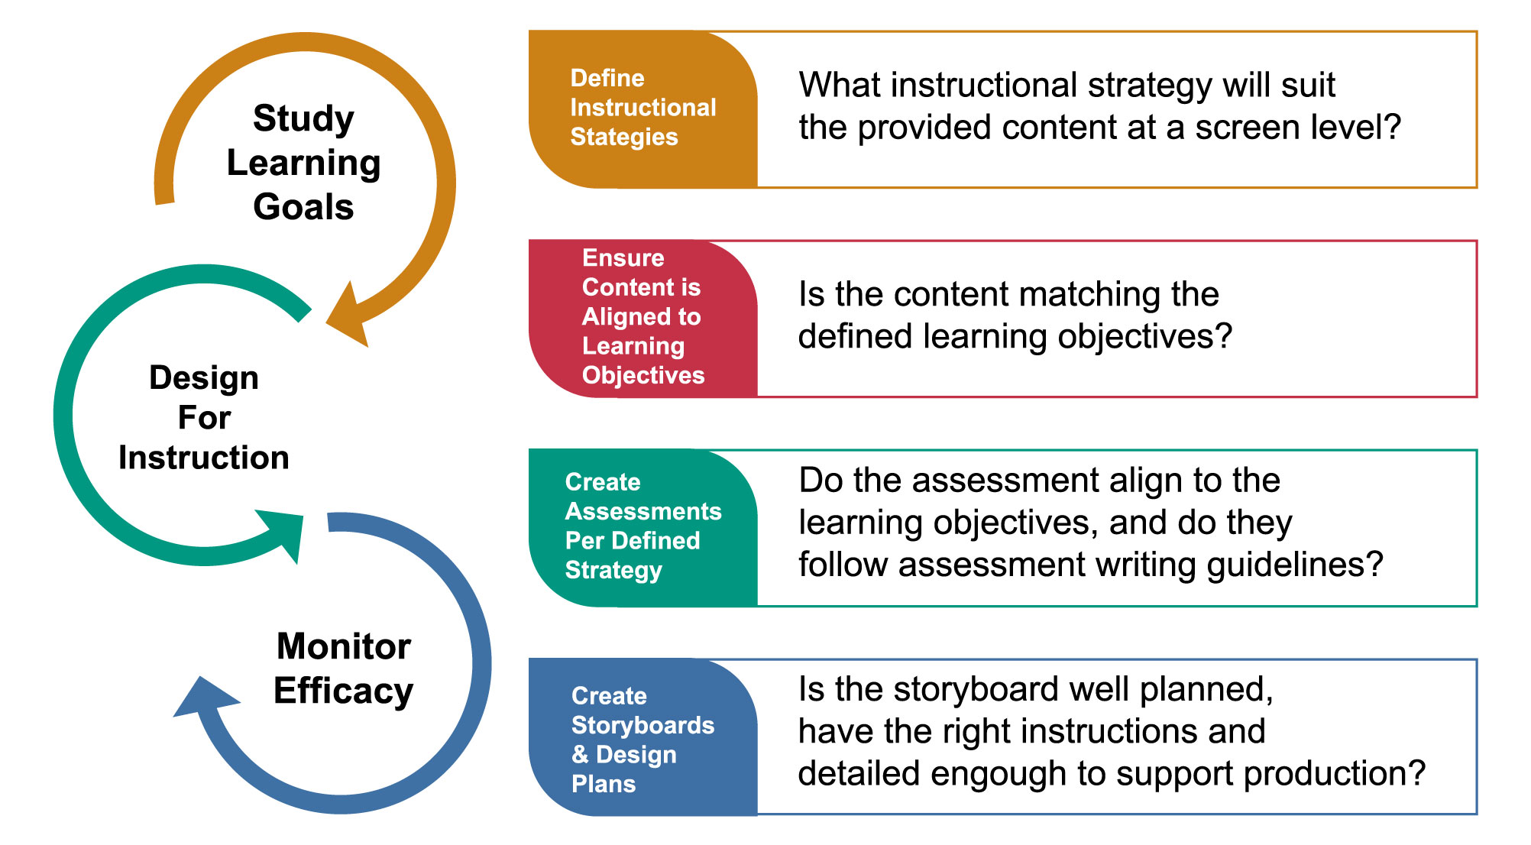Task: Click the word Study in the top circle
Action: (x=303, y=119)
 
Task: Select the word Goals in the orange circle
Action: (x=303, y=207)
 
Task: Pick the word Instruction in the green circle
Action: (x=204, y=458)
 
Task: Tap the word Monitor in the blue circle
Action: (x=344, y=646)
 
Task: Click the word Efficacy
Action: (x=344, y=691)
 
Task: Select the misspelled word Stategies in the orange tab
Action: (x=624, y=137)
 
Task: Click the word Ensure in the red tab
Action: (x=623, y=257)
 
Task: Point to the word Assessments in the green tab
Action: (x=643, y=511)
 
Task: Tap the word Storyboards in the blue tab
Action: (x=643, y=725)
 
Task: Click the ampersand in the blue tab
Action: (x=581, y=754)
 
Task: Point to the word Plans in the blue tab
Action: (x=604, y=784)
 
